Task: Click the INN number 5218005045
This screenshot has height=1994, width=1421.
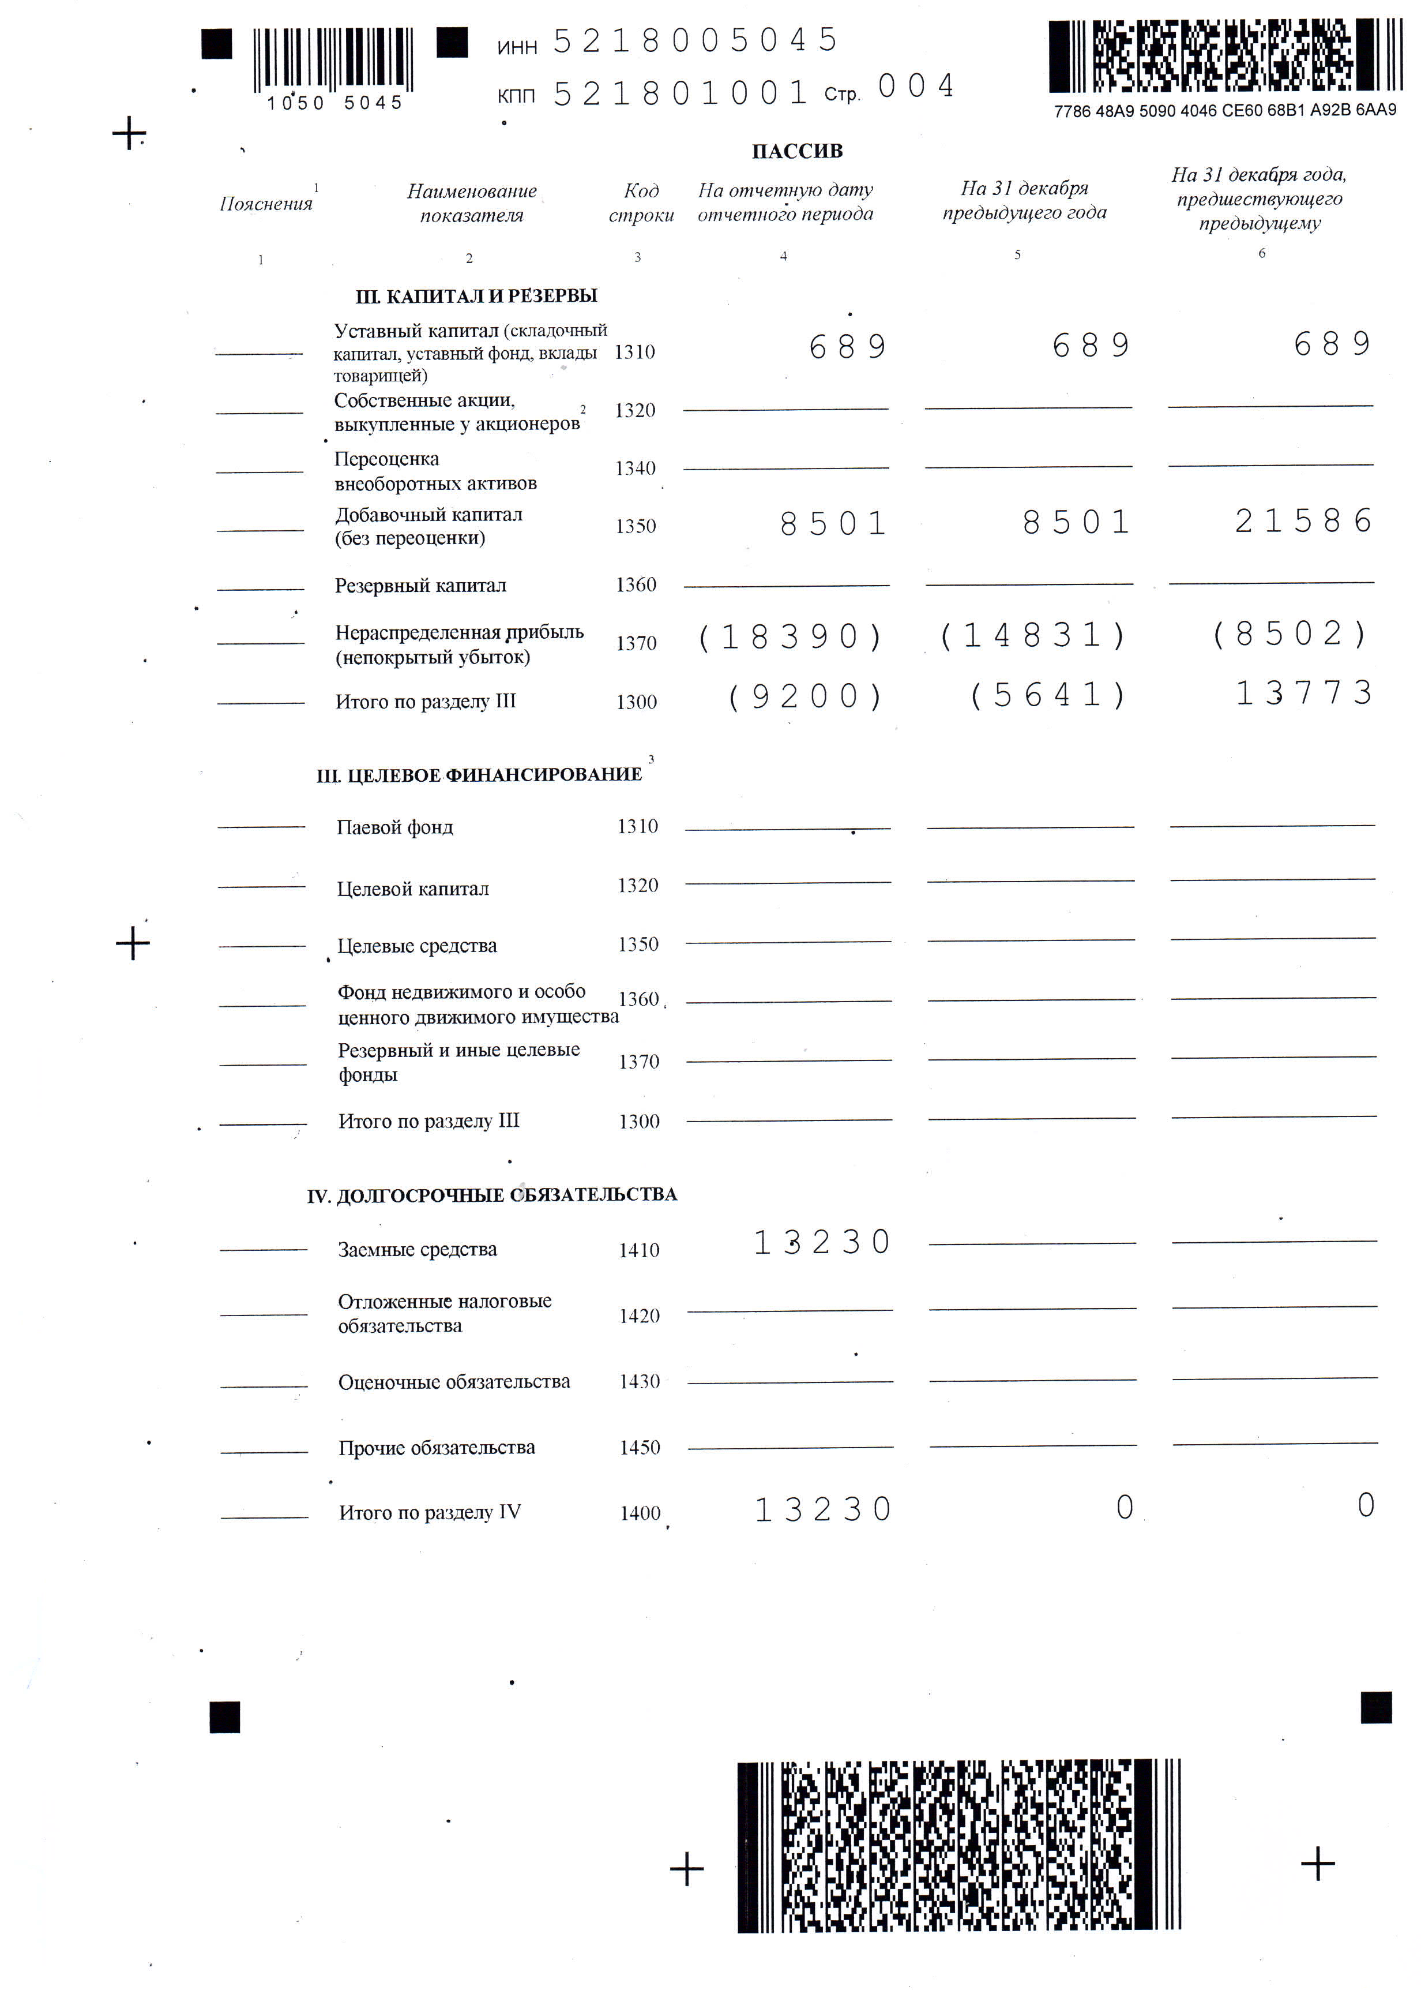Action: [695, 41]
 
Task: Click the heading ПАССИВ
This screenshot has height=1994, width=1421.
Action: [796, 151]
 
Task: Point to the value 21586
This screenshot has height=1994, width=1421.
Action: [1303, 522]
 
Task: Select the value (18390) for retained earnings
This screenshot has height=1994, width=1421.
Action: [790, 637]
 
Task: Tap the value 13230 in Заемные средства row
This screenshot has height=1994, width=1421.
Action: [822, 1242]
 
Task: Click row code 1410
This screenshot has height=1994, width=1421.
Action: [639, 1250]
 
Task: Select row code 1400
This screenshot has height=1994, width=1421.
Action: [640, 1513]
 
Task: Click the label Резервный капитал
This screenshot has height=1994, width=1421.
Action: [420, 586]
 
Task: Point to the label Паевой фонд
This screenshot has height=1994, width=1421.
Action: [394, 827]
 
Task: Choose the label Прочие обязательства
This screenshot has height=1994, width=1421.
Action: [436, 1448]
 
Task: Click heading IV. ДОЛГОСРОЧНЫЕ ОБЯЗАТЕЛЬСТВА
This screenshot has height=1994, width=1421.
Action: [492, 1195]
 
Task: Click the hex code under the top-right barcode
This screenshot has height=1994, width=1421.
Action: [1224, 111]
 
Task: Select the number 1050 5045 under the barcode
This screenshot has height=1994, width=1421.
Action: [334, 103]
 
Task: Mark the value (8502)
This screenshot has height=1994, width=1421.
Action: [1290, 634]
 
